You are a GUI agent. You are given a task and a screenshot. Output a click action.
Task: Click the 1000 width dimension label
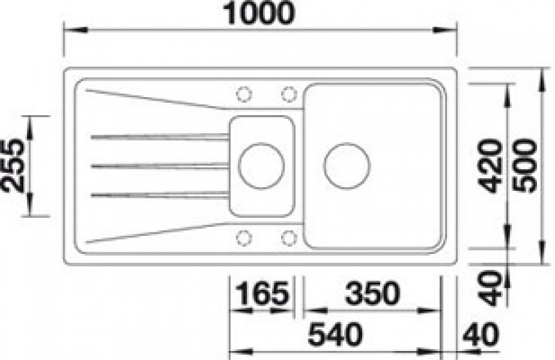259,13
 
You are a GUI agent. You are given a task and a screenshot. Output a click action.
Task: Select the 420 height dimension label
490,166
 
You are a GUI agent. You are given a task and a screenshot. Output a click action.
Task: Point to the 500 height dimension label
525,166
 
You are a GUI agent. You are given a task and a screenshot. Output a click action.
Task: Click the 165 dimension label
262,293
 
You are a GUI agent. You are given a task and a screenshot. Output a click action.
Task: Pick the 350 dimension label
373,293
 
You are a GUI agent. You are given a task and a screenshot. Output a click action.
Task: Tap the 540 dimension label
335,334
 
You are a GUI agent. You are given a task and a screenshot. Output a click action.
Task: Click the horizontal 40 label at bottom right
481,334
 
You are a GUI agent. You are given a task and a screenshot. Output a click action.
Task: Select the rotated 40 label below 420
490,288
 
